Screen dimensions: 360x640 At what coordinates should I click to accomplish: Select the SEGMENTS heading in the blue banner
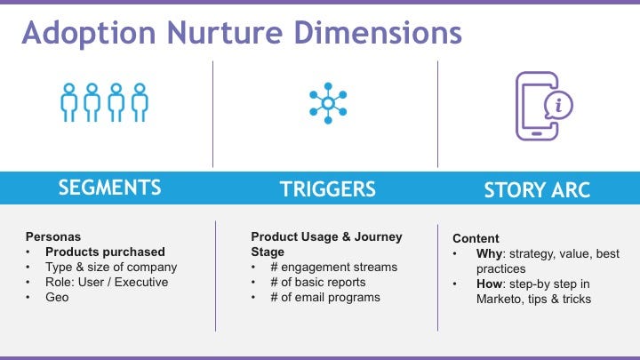(109, 188)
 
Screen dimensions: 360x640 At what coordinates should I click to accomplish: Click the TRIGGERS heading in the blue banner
(327, 188)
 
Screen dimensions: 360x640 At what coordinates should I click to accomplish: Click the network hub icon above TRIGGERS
(327, 103)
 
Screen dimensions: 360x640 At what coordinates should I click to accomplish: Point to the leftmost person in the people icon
(69, 103)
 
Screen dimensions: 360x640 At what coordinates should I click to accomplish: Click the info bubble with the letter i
(558, 106)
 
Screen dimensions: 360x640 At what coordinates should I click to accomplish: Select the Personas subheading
(52, 237)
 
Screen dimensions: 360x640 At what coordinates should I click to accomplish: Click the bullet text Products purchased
(106, 252)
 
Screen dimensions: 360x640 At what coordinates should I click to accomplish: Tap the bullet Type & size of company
(111, 268)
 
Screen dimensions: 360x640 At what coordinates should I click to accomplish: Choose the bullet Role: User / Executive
(108, 283)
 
